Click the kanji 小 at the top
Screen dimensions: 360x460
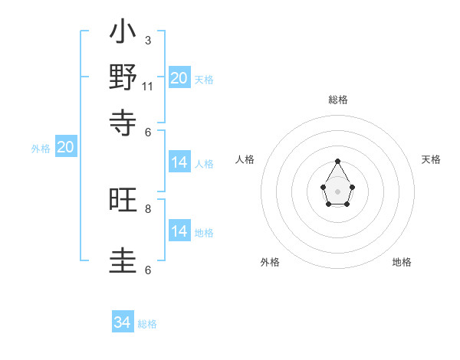coord(123,34)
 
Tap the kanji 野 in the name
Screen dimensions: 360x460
coord(123,78)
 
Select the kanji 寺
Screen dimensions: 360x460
coord(123,121)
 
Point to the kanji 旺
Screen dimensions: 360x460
coord(123,201)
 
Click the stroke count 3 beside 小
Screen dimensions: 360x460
coord(148,40)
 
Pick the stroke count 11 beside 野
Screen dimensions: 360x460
coord(148,86)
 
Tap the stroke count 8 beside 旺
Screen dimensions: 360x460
coord(148,208)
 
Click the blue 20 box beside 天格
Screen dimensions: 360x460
coord(179,77)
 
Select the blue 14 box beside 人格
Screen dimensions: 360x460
coord(179,162)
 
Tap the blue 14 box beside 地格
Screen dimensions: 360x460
coord(179,231)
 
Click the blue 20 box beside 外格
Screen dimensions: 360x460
coord(65,148)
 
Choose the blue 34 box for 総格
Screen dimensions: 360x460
coord(123,322)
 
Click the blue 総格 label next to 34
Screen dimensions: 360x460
coord(147,324)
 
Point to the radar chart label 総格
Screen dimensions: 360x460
coord(338,100)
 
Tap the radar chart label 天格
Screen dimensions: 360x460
coord(432,159)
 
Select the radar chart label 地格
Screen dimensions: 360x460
coord(402,262)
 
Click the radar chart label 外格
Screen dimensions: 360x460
coord(270,262)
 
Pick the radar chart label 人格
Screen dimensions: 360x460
coord(245,159)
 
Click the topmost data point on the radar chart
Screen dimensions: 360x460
coord(338,161)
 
